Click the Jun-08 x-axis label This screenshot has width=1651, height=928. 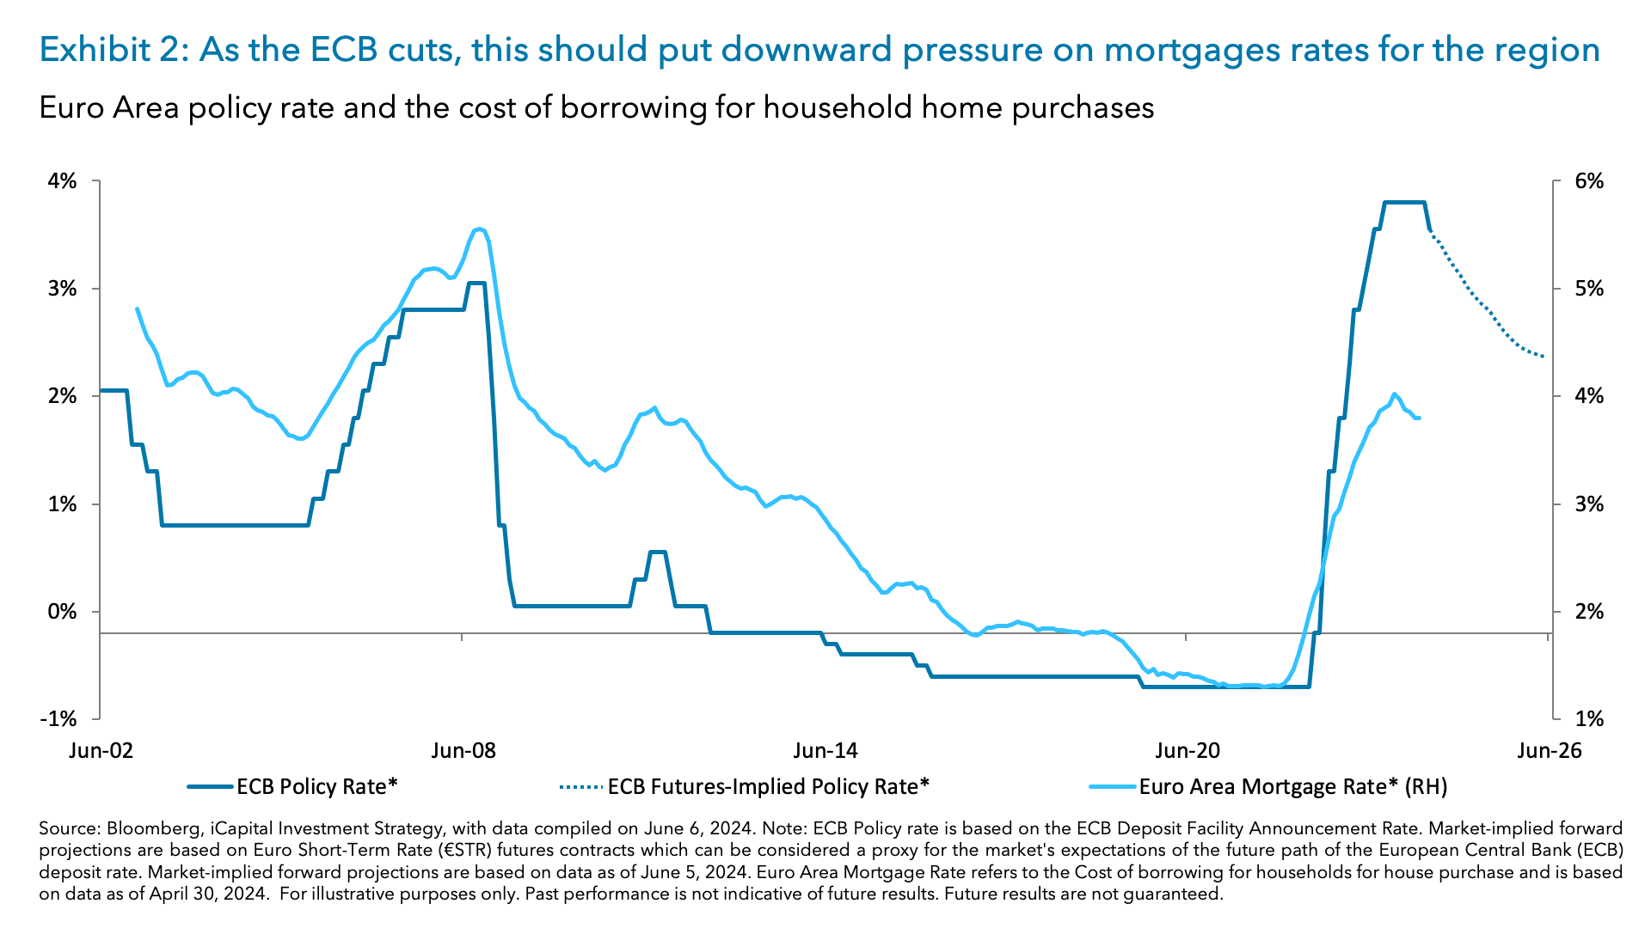tap(463, 750)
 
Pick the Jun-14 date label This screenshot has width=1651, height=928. tap(825, 750)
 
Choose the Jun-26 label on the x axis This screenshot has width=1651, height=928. tap(1549, 750)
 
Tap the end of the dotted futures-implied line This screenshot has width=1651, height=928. tap(1544, 357)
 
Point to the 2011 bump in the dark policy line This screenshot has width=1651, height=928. tap(657, 552)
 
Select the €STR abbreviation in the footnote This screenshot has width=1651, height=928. tap(466, 851)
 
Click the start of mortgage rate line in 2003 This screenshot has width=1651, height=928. tap(138, 308)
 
